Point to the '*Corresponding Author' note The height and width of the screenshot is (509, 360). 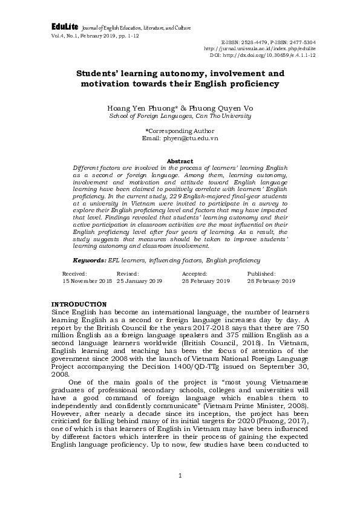(x=180, y=131)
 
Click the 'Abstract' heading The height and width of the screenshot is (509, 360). (x=180, y=161)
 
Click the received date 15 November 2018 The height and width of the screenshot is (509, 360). (x=87, y=281)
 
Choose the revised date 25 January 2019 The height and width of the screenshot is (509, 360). (x=140, y=281)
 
